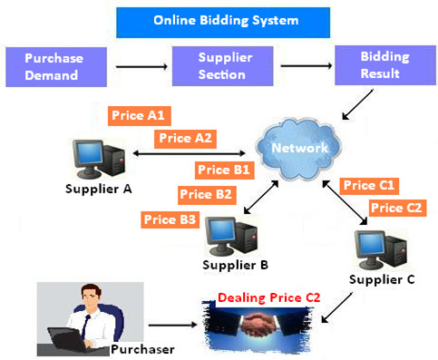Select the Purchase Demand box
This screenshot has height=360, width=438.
[x=54, y=66]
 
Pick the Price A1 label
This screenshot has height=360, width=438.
[x=139, y=116]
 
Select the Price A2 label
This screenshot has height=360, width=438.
[x=186, y=139]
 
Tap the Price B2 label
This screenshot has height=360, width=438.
[x=207, y=193]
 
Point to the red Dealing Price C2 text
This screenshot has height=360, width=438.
[x=268, y=297]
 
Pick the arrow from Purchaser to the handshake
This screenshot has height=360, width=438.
[x=172, y=324]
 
